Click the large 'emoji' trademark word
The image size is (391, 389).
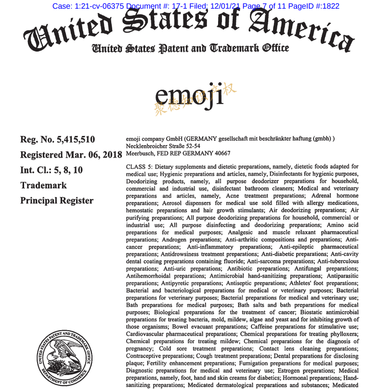click(x=190, y=94)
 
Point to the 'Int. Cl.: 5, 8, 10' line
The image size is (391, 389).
click(x=52, y=170)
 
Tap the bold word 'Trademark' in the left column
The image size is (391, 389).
click(x=43, y=185)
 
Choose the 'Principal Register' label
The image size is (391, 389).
click(x=57, y=200)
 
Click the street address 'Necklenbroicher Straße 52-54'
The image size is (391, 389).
click(x=163, y=146)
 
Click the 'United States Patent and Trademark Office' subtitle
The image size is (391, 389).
click(x=190, y=48)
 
